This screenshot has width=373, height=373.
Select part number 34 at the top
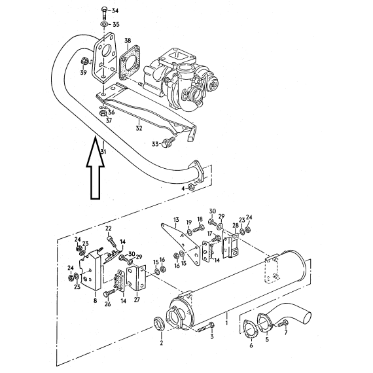click(115, 10)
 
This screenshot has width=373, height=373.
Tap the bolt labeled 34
click(105, 14)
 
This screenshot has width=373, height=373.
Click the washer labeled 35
click(104, 24)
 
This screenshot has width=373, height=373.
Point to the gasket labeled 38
click(129, 62)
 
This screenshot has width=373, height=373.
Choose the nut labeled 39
click(84, 61)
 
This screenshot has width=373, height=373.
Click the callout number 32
click(139, 128)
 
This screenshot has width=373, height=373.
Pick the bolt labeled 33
click(168, 142)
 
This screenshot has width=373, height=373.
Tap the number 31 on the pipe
click(103, 152)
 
